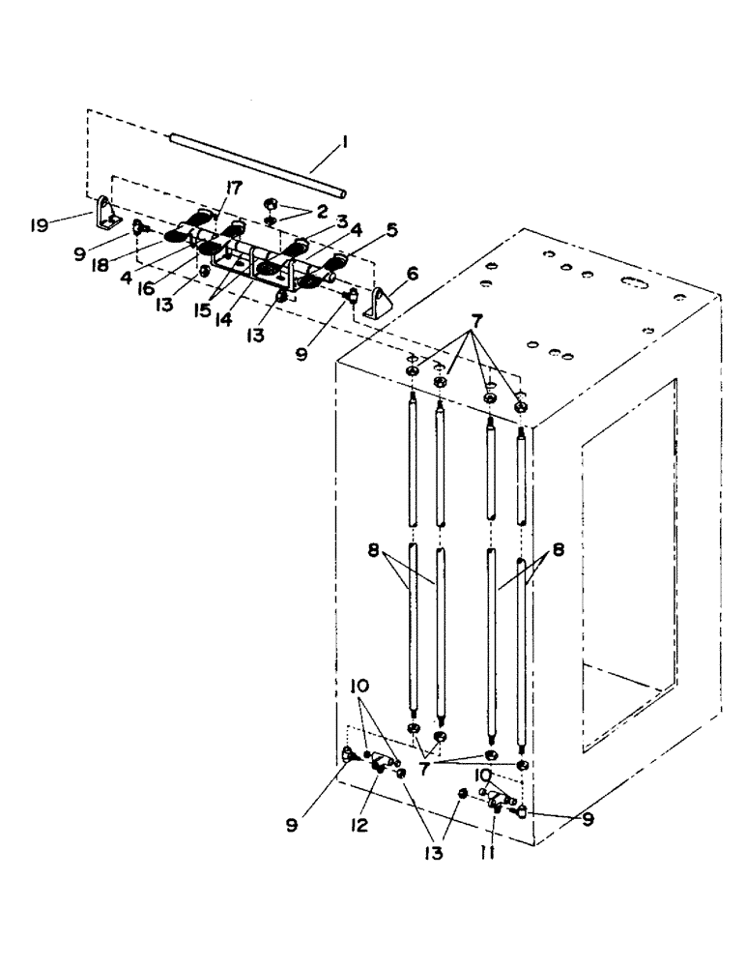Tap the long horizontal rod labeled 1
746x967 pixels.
[255, 162]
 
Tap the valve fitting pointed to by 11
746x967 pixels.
[498, 800]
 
